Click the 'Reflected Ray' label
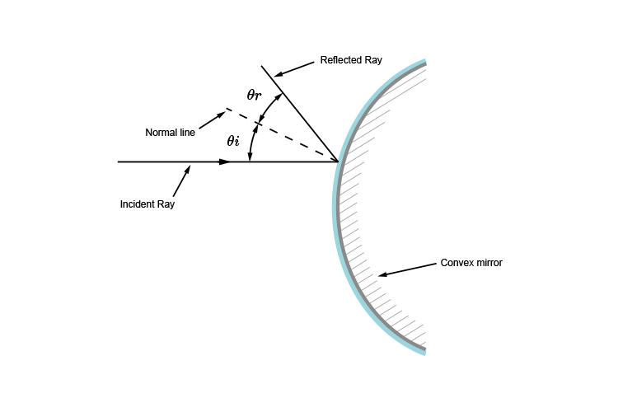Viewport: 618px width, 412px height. [x=351, y=61]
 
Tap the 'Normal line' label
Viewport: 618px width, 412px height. [x=171, y=132]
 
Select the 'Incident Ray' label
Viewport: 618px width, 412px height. [x=147, y=203]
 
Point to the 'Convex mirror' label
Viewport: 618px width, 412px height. [x=472, y=263]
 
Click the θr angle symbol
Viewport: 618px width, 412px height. [x=255, y=95]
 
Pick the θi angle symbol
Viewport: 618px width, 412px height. [x=233, y=141]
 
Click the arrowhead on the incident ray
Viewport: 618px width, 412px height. [x=226, y=162]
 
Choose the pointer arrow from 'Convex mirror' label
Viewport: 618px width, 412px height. [x=407, y=269]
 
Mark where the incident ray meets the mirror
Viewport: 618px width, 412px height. [x=339, y=162]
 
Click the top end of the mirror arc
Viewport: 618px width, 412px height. [x=424, y=62]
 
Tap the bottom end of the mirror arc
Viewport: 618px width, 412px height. [x=424, y=352]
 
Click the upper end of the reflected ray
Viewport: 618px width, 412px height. [x=262, y=66]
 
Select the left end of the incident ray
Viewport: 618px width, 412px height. [x=119, y=162]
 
